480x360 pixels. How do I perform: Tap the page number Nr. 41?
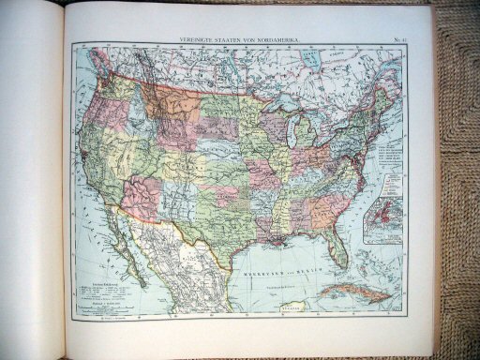click(x=397, y=38)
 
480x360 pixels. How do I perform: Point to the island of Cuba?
click(x=356, y=292)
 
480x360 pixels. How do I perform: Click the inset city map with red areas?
click(x=382, y=219)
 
